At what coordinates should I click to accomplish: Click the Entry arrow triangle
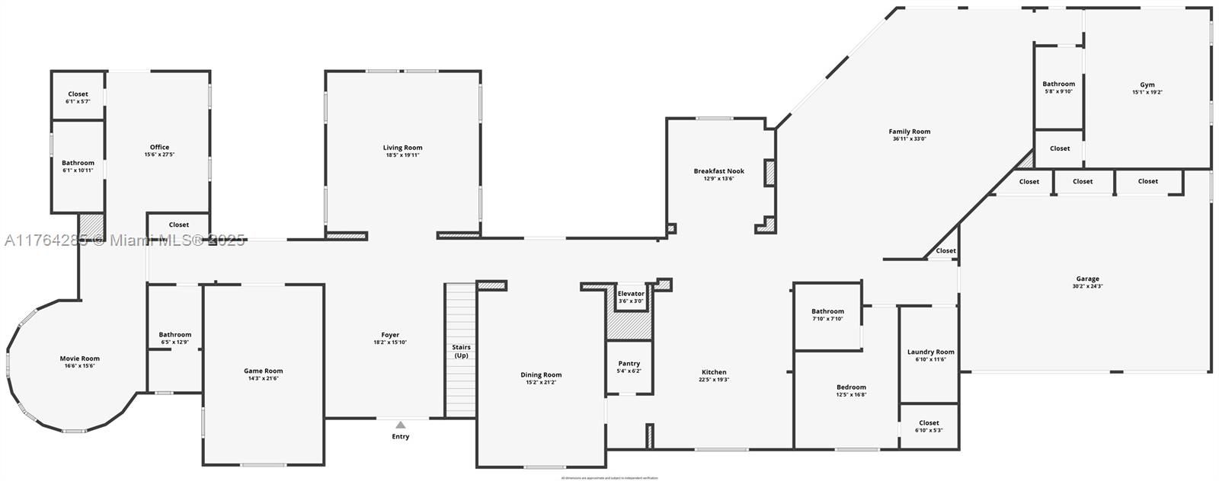[401, 425]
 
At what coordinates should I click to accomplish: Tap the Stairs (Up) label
[461, 352]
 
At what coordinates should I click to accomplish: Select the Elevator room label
[631, 293]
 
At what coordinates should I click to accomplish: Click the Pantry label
[629, 363]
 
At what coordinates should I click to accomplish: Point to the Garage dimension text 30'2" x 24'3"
[1087, 286]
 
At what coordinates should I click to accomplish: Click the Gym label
[1147, 84]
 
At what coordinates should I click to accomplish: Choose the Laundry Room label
[930, 352]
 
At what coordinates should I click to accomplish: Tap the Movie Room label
[80, 358]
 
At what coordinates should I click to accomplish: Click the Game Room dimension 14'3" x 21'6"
[263, 379]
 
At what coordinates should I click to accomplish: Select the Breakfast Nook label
[718, 170]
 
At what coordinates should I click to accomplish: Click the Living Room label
[402, 148]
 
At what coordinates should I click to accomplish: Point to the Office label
[159, 147]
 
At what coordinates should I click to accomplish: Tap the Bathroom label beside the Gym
[1058, 84]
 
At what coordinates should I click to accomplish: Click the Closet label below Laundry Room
[929, 422]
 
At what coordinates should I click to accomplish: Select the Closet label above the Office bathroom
[78, 94]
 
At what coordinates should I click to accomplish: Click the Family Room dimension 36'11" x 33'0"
[909, 139]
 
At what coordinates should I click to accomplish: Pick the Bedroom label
[851, 387]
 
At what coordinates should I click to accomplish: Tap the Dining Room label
[541, 374]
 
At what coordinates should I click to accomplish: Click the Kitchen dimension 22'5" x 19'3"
[714, 380]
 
